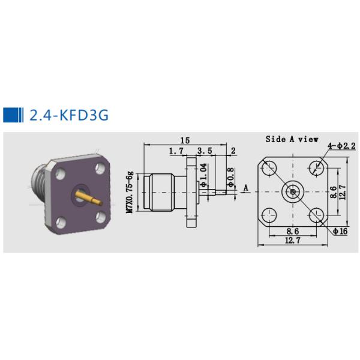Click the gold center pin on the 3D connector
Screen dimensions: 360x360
coord(89,197)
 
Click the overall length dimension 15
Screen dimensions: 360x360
coord(185,140)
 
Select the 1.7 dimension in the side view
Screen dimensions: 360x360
coord(176,151)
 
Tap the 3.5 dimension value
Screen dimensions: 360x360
coord(205,151)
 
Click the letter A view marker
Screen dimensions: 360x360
coord(245,188)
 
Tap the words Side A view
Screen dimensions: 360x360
coord(292,139)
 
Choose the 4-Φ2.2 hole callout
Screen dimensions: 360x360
coord(342,146)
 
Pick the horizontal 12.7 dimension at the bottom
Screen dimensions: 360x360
coord(292,241)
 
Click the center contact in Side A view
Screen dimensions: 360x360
coord(293,192)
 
